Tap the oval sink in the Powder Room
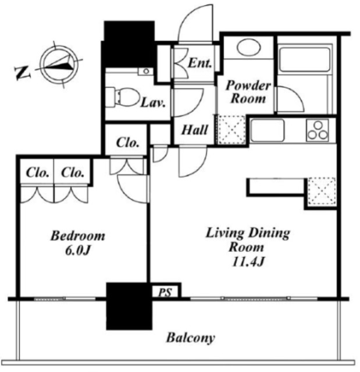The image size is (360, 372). [x=249, y=47]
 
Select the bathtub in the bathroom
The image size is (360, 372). [x=305, y=59]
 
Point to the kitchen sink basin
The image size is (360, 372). [x=268, y=130]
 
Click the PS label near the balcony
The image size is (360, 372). [x=165, y=292]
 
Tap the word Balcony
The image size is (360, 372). [x=191, y=338]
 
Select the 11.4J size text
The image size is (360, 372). [x=248, y=262]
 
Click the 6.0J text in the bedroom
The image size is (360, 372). [x=77, y=251]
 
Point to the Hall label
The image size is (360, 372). [x=195, y=130]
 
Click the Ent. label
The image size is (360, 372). [x=199, y=63]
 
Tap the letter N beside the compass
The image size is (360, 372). [x=23, y=73]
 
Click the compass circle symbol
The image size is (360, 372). [x=59, y=65]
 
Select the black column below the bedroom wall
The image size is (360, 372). [x=129, y=306]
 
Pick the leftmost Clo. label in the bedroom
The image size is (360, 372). [x=37, y=173]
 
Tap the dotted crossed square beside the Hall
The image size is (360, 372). [x=231, y=130]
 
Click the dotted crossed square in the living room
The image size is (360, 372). [x=322, y=191]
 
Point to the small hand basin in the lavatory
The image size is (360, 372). [x=145, y=71]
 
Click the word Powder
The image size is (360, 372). [x=248, y=85]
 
